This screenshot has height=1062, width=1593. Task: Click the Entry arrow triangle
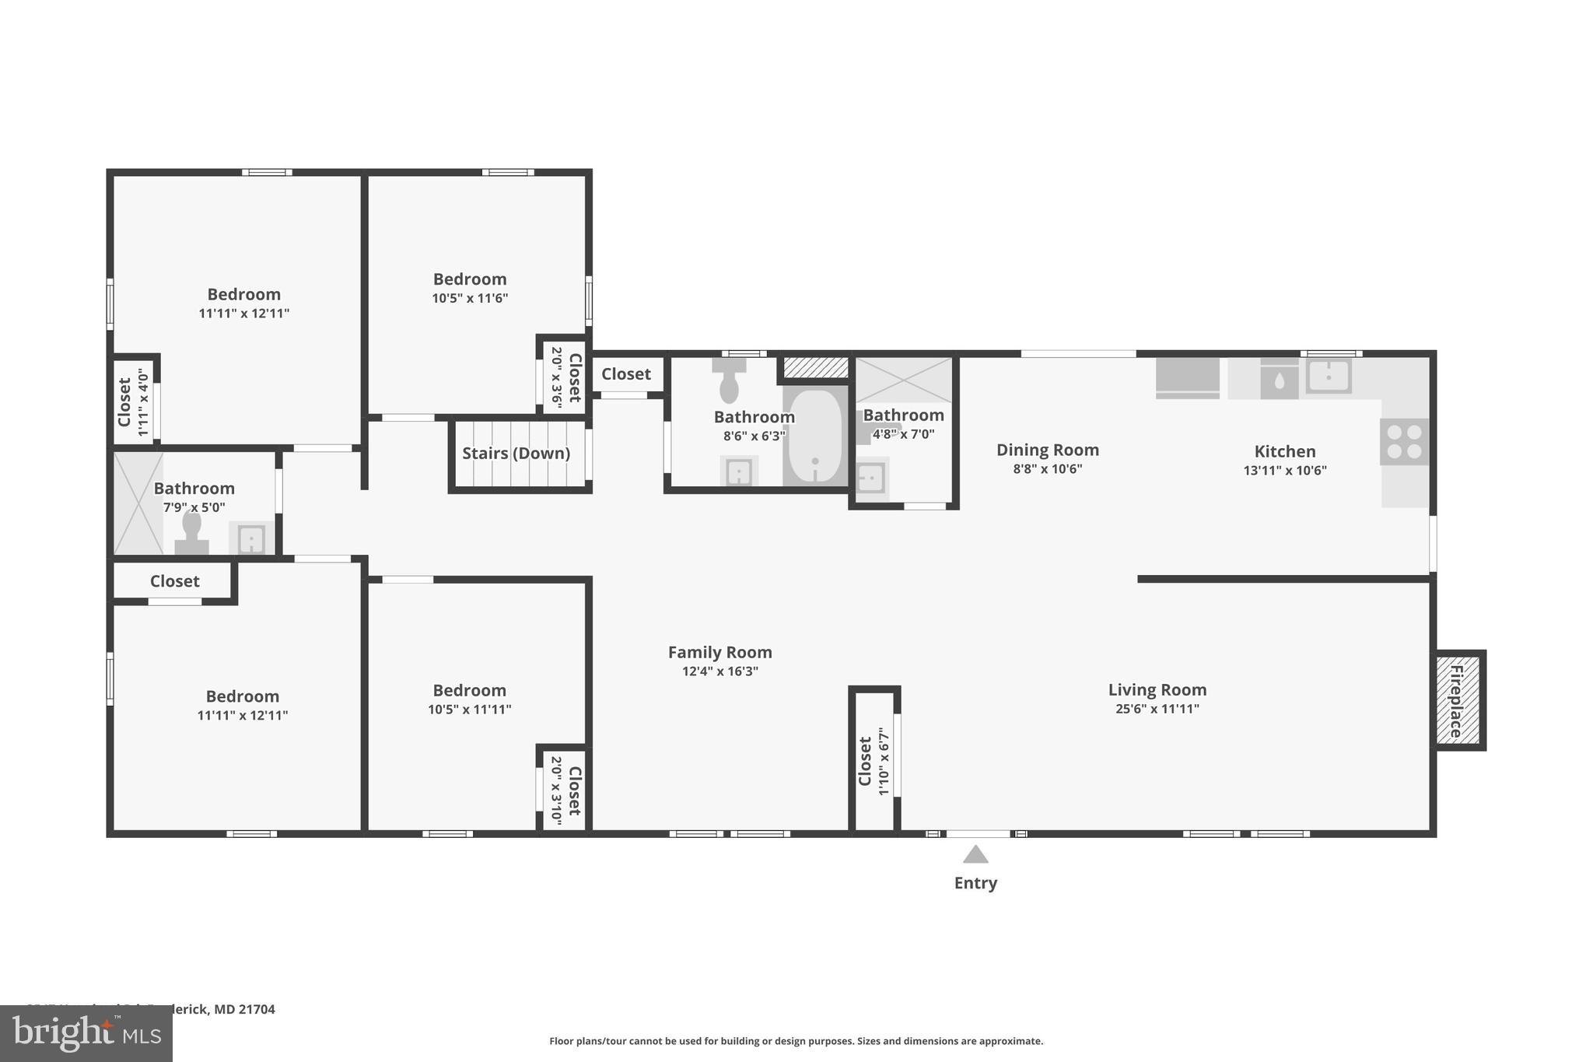coord(975,855)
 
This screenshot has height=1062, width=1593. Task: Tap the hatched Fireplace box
coord(1458,700)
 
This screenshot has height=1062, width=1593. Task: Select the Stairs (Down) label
coord(516,454)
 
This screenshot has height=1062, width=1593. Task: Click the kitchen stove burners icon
coord(1404,442)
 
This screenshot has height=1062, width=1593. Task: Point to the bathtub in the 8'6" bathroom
coord(815,437)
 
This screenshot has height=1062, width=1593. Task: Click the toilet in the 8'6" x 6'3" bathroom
coord(729,380)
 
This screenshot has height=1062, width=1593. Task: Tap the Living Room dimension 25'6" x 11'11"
coord(1157,709)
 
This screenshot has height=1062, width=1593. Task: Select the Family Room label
coord(719,652)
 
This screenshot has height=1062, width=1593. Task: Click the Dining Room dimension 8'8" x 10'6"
coord(1047,469)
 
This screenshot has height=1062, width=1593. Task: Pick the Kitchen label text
coord(1284,451)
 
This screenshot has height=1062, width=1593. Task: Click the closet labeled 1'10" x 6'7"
coord(874,761)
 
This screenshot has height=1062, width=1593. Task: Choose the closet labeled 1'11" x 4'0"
coord(132,402)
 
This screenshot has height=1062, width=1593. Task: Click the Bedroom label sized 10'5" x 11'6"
coord(470,279)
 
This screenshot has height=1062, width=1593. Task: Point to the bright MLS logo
coord(86,1034)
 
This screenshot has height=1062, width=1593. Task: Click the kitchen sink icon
coord(1328,377)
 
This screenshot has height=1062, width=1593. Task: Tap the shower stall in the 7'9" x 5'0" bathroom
coord(138,503)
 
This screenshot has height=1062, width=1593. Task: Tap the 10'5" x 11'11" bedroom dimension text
coord(469,710)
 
